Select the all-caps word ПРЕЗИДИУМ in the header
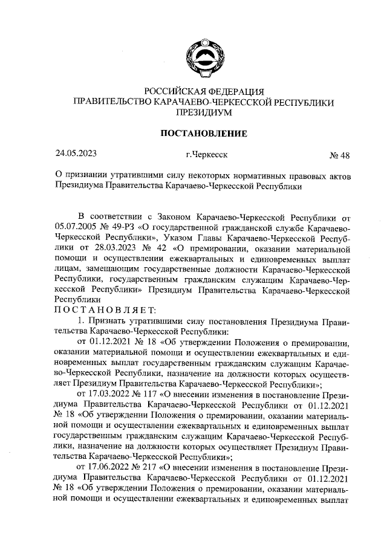point(203,112)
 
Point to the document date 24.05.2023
point(76,154)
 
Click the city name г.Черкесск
point(207,154)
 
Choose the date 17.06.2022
point(109,468)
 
